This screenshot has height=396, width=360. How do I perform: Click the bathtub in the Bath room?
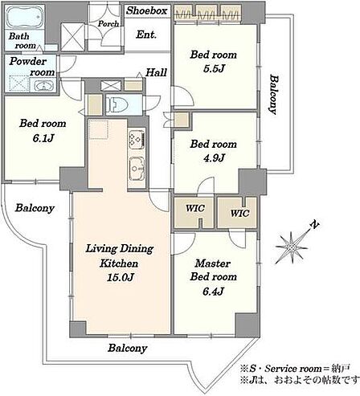[24, 17]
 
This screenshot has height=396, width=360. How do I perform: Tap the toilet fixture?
[115, 104]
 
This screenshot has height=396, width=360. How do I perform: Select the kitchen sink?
[137, 169]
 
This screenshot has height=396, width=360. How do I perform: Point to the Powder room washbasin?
[43, 86]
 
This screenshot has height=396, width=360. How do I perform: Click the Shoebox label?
[147, 10]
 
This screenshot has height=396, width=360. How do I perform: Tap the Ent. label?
[146, 35]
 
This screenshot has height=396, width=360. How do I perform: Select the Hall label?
[156, 72]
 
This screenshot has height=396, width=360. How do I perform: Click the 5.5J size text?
[214, 69]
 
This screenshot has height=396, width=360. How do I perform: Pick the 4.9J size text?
[214, 158]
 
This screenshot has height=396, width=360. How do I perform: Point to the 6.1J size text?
[43, 138]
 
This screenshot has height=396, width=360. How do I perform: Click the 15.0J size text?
[120, 277]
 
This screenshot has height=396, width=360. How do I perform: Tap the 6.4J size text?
[213, 292]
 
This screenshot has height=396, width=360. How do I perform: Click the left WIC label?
[195, 208]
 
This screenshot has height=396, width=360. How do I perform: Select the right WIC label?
[239, 214]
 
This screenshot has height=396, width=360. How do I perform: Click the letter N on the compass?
[315, 225]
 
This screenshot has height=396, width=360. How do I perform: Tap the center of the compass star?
[292, 247]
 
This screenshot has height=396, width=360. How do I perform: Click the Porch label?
[108, 24]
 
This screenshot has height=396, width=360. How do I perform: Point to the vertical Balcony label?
[274, 94]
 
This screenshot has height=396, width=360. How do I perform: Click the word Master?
[213, 263]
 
